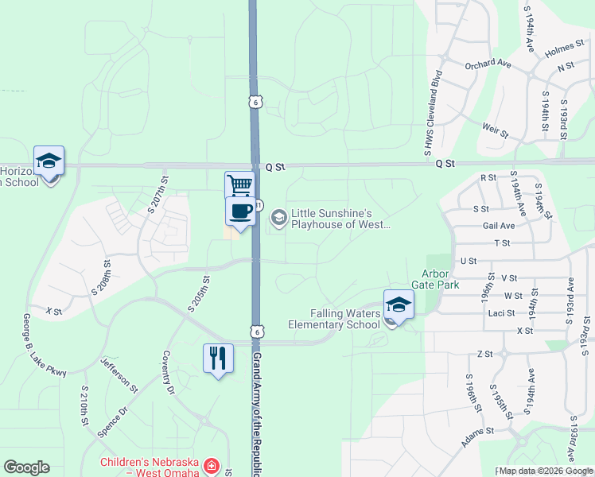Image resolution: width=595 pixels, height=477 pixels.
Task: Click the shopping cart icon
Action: point(239,185)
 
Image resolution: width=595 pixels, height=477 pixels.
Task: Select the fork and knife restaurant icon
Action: point(217,358)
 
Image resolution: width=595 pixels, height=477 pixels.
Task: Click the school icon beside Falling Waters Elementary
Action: point(399,304)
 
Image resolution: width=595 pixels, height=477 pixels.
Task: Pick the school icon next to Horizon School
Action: point(49,161)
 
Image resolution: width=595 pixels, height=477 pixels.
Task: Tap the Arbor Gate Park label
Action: point(435,278)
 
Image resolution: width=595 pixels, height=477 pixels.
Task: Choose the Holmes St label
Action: point(566,51)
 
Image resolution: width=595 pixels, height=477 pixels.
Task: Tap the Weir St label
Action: point(495,127)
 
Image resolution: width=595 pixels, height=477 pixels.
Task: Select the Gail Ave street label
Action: point(499,226)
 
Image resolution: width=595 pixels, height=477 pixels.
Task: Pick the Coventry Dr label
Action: point(168,373)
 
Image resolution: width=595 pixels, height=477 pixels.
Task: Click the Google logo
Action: point(27,467)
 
